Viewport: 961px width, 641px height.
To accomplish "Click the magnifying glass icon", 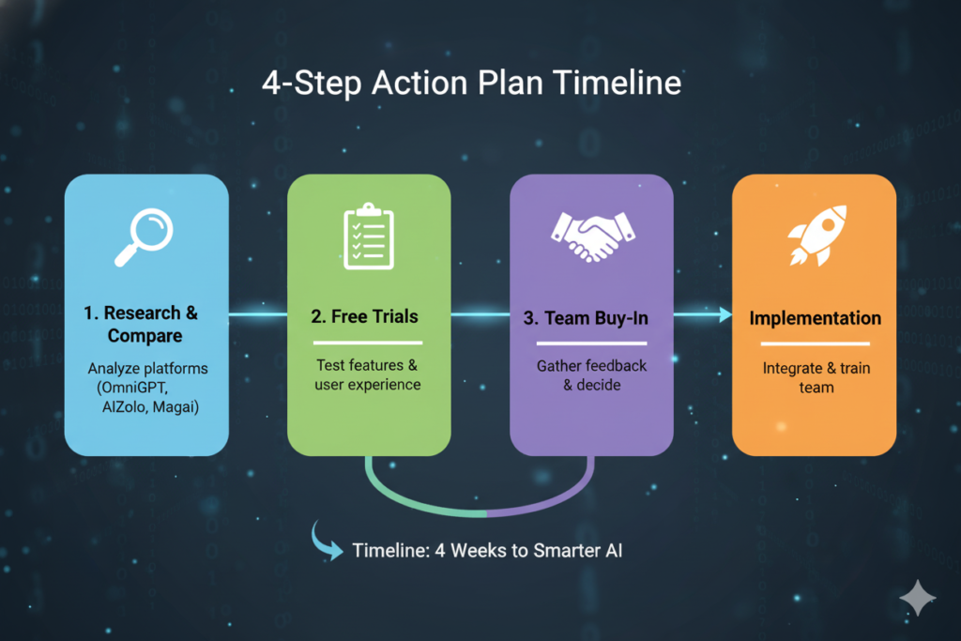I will (145, 237).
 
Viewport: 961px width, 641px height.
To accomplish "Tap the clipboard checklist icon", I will (368, 236).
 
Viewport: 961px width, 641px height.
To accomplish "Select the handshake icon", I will (591, 237).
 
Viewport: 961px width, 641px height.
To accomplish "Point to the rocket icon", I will (814, 236).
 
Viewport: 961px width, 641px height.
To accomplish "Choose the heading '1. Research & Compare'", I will (145, 324).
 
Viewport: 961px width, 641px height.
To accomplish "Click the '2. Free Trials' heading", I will (368, 317).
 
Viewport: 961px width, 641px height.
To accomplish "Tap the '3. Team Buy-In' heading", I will (591, 318).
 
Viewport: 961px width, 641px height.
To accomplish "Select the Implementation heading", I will (815, 318).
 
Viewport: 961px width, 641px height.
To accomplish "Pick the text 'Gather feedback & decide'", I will (591, 375).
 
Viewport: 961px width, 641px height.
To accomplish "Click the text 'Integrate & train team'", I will (815, 377).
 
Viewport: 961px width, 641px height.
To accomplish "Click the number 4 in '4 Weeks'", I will (440, 550).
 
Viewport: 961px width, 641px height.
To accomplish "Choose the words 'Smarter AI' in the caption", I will (578, 550).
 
